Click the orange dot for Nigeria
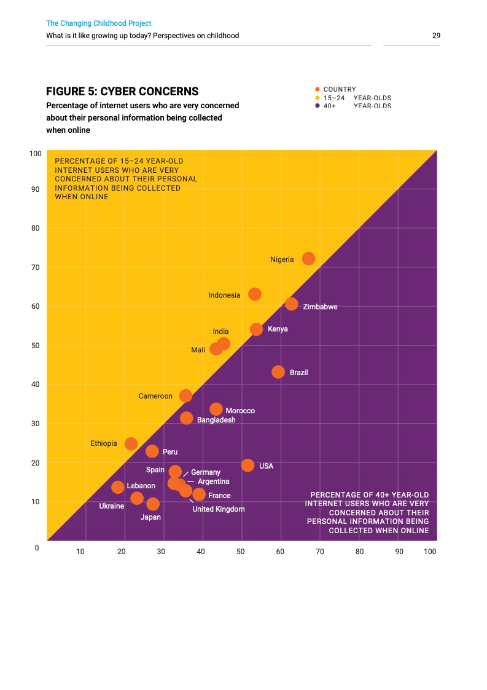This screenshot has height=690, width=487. (308, 259)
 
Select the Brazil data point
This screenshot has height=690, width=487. (278, 372)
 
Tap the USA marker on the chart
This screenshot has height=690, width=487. (247, 466)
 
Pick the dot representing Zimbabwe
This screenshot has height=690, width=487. (292, 304)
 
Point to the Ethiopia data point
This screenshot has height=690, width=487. (131, 444)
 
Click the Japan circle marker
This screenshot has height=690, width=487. (153, 504)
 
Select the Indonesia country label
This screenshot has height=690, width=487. (224, 295)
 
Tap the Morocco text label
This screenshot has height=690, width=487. (240, 411)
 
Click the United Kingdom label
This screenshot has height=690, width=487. (219, 509)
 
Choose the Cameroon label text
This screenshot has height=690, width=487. (155, 396)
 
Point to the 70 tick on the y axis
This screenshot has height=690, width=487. (35, 268)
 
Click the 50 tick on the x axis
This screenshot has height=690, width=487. (241, 552)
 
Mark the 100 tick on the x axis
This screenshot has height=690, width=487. (430, 552)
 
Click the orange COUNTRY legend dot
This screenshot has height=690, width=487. (318, 90)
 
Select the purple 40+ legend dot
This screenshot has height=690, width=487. (318, 106)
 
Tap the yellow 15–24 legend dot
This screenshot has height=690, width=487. (318, 98)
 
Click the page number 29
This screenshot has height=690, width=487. (436, 36)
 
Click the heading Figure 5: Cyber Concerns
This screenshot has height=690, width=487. (122, 92)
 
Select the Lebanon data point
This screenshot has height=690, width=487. (118, 487)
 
